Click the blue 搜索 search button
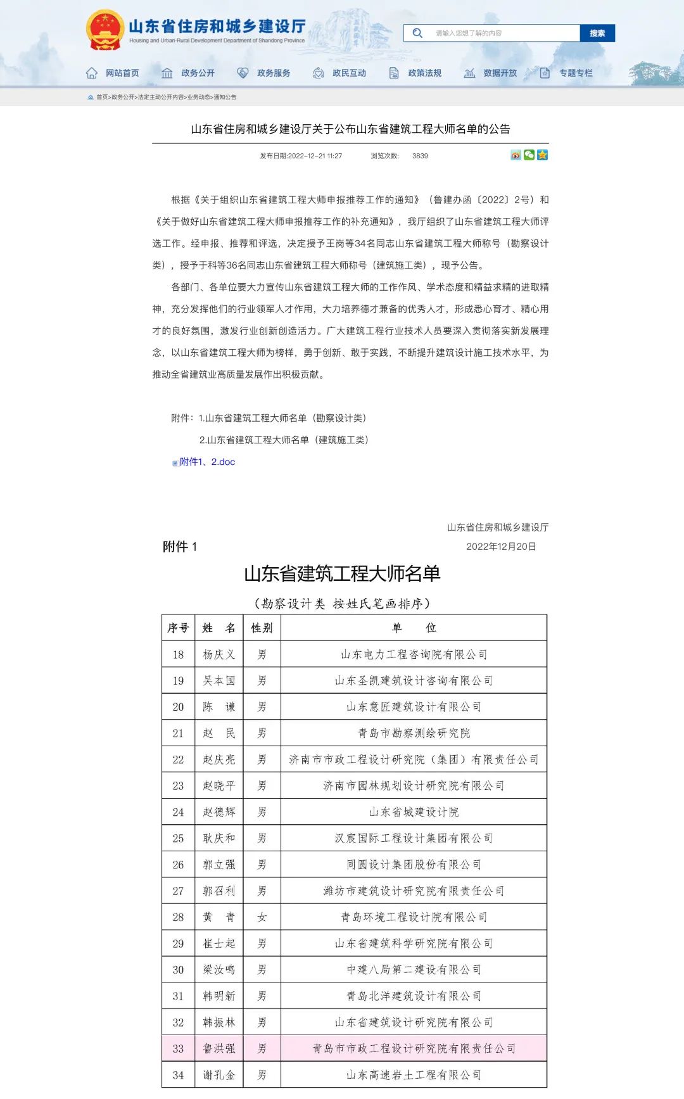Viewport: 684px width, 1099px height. point(597,33)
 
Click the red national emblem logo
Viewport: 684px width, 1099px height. point(104,30)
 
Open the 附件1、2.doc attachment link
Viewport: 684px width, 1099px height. point(207,462)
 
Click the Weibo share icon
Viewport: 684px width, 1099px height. point(516,155)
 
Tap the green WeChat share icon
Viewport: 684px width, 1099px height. point(529,155)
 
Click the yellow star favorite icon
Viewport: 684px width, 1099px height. point(542,155)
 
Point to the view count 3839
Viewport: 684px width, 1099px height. point(420,156)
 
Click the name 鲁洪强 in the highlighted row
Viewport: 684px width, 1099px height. point(218,1048)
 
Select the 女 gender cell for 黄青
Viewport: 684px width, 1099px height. point(262,917)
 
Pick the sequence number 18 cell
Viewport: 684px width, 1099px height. point(178,654)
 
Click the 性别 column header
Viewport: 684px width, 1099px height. point(262,628)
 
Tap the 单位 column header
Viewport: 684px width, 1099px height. point(414,628)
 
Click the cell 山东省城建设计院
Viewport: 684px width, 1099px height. point(414,812)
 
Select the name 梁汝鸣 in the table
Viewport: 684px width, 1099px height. point(218,970)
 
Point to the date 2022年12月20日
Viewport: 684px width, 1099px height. point(501,547)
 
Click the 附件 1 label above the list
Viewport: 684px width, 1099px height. point(180,547)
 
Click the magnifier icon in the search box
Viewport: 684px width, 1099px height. point(417,33)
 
